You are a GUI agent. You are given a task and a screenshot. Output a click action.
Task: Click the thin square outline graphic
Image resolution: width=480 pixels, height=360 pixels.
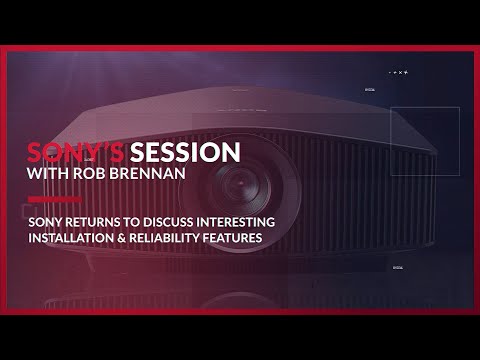coord(424,141)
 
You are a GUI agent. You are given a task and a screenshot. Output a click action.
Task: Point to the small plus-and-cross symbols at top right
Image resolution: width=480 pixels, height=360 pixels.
coord(400,73)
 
